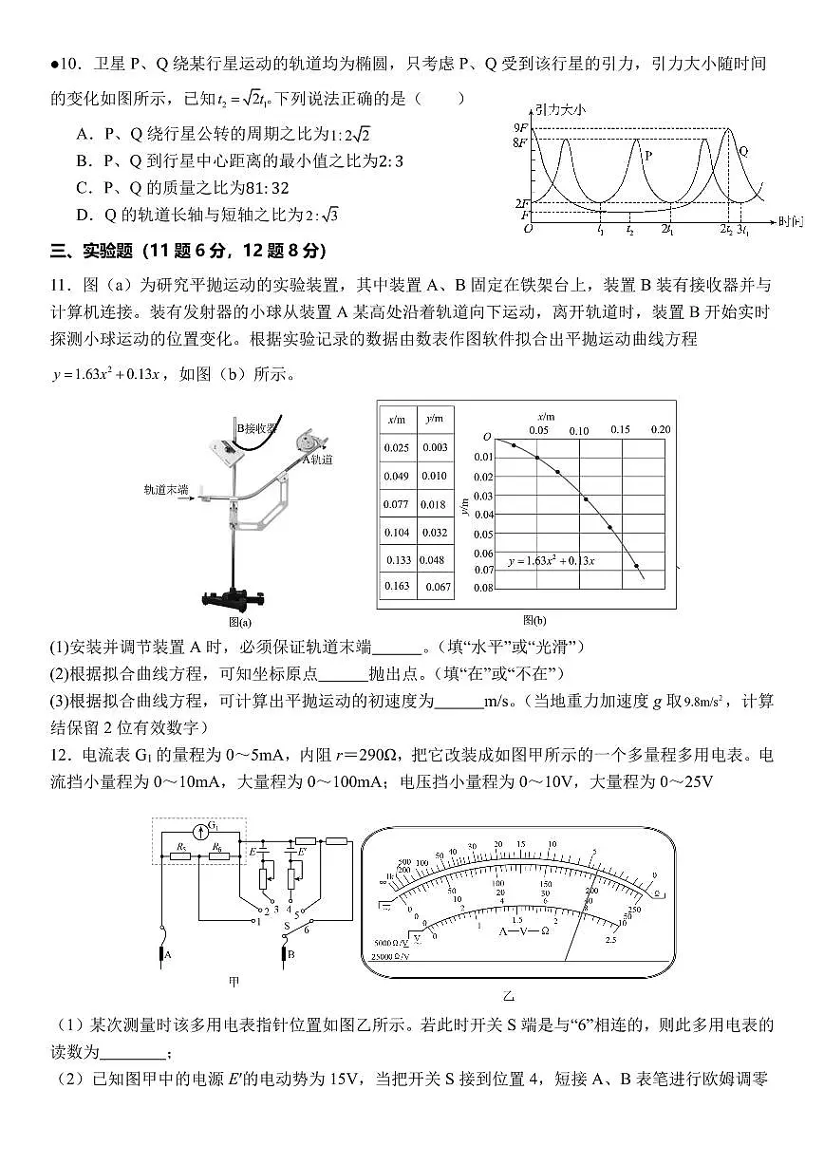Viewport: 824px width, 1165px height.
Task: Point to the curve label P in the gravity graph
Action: (648, 153)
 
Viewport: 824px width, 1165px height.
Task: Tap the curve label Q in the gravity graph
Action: (743, 151)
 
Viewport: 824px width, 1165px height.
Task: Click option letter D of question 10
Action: (83, 216)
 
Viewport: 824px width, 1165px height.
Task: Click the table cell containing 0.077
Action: (396, 504)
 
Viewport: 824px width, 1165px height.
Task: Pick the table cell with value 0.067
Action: (437, 587)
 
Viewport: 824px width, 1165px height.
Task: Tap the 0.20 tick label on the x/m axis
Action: (660, 429)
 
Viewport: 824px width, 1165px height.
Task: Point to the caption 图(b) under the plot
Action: (534, 621)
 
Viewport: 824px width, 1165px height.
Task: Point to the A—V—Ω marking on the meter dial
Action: (524, 930)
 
